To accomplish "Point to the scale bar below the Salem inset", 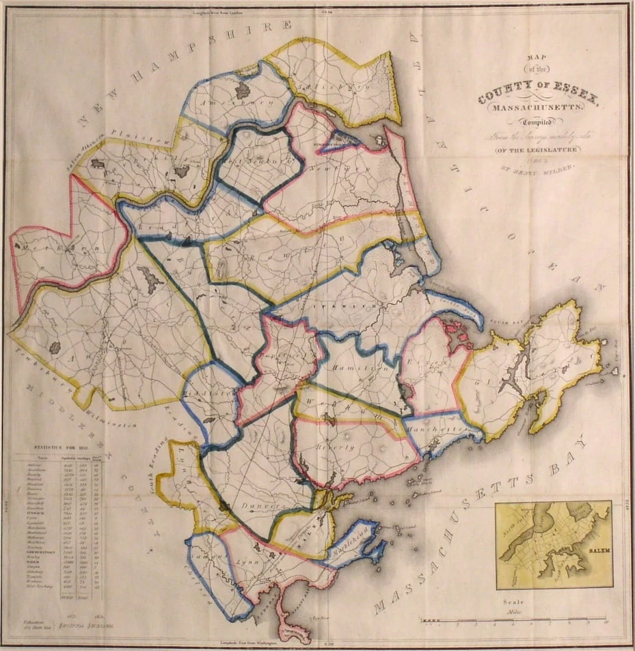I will (515, 619).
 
